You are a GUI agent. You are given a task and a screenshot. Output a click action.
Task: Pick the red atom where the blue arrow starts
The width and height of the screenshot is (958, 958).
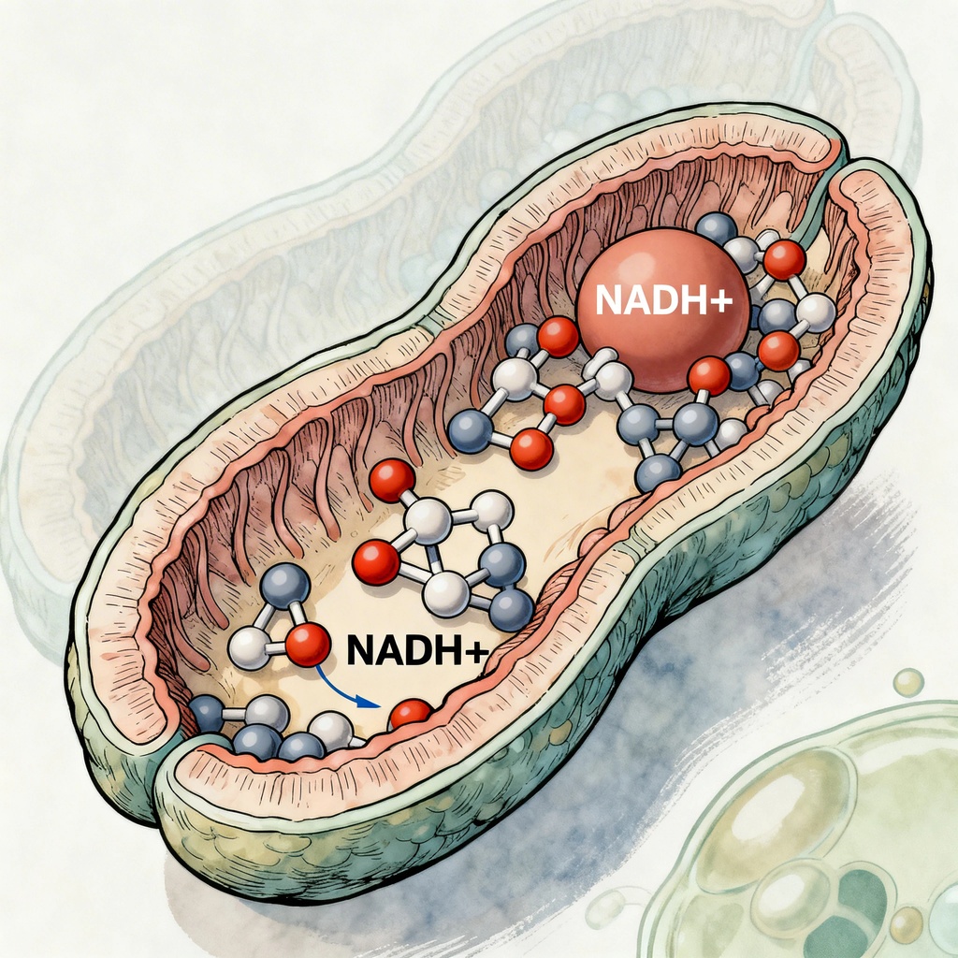tap(307, 645)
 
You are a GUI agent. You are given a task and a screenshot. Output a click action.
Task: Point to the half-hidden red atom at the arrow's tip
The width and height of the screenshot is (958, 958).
tap(411, 715)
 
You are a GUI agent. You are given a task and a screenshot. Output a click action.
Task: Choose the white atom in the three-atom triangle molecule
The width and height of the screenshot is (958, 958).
tap(250, 648)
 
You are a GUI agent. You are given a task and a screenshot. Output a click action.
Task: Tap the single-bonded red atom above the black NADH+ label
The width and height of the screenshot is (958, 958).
tap(392, 480)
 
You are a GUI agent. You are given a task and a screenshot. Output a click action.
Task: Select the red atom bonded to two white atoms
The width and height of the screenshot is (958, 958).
tap(377, 564)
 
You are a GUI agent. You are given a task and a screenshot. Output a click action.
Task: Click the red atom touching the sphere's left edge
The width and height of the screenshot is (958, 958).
tap(559, 337)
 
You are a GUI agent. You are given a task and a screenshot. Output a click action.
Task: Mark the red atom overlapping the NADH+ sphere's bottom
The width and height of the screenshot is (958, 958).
tap(708, 376)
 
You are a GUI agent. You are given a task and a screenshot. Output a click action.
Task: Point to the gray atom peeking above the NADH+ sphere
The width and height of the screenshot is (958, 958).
tap(717, 229)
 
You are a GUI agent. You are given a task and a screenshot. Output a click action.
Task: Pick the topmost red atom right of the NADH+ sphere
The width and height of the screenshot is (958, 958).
tap(784, 259)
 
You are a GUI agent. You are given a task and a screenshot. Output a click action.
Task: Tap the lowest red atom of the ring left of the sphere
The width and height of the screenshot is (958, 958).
tap(532, 449)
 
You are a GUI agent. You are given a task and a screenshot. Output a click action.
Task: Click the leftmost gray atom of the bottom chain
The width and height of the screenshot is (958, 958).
tap(207, 715)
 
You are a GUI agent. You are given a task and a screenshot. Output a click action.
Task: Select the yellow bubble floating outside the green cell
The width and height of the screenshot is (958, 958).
tap(907, 682)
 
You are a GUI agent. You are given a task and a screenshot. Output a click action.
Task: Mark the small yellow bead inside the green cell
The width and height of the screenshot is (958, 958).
tap(906, 924)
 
